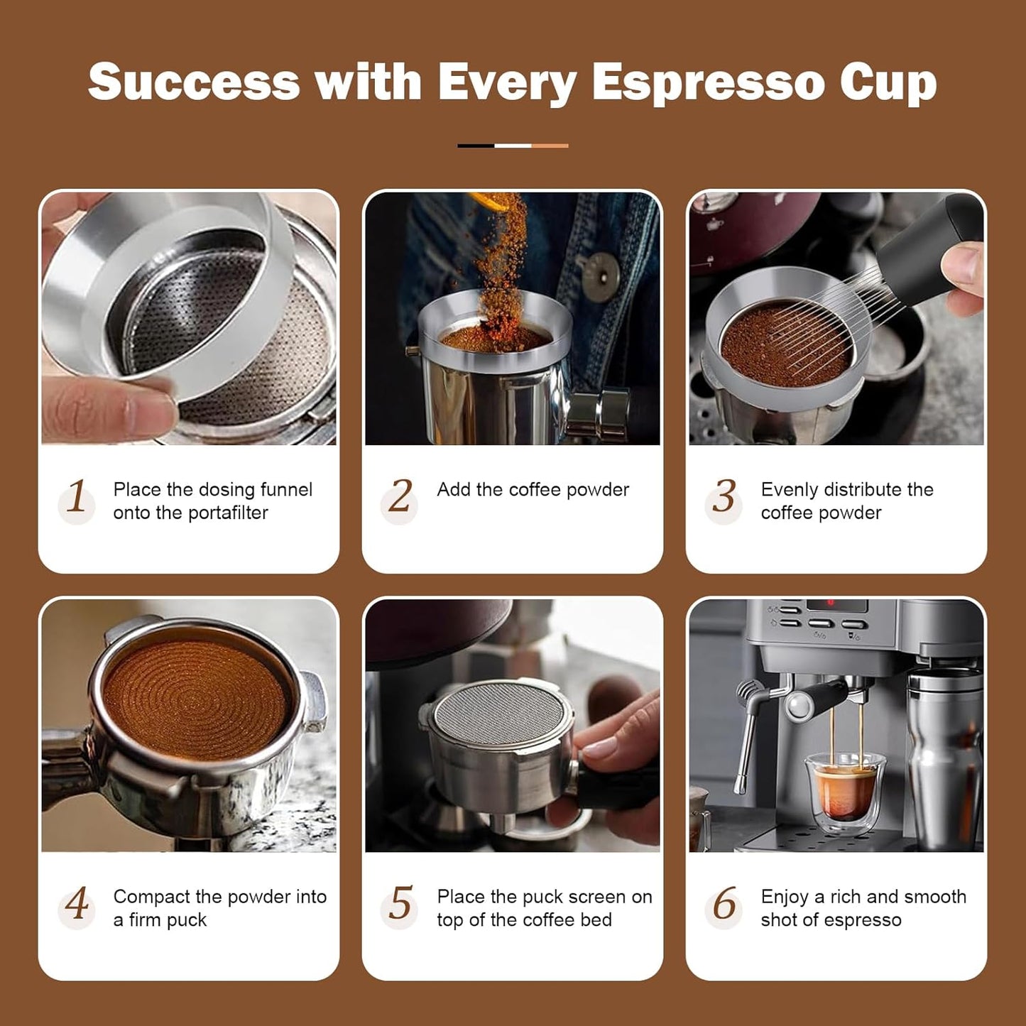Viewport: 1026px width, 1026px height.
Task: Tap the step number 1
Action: click(x=77, y=496)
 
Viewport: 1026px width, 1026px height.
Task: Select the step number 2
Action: click(x=400, y=496)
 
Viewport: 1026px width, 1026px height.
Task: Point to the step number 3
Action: click(x=724, y=496)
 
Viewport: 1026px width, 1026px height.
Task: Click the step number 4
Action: click(x=77, y=904)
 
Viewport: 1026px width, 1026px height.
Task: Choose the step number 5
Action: click(x=400, y=904)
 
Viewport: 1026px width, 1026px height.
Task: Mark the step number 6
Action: click(x=724, y=904)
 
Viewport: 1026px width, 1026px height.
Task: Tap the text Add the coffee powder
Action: click(x=533, y=490)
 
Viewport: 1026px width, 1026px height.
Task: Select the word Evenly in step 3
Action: click(x=789, y=490)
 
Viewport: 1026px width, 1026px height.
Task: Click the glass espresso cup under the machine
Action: click(x=844, y=792)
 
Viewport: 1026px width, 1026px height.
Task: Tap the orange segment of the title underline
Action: click(x=550, y=146)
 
